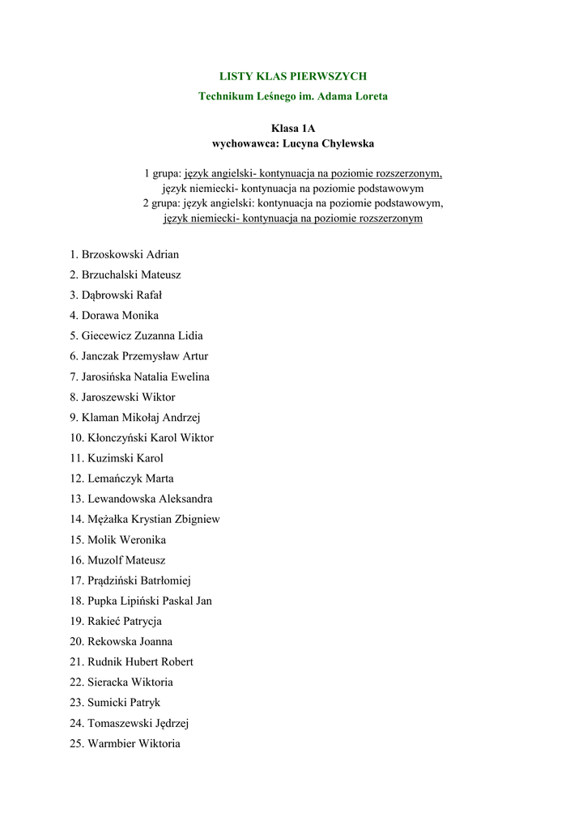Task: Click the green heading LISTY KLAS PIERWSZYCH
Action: tap(293, 76)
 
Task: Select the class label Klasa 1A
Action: tap(293, 128)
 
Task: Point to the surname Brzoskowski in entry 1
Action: tap(112, 254)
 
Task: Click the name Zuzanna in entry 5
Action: tap(155, 336)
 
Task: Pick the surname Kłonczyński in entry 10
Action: tap(117, 438)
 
